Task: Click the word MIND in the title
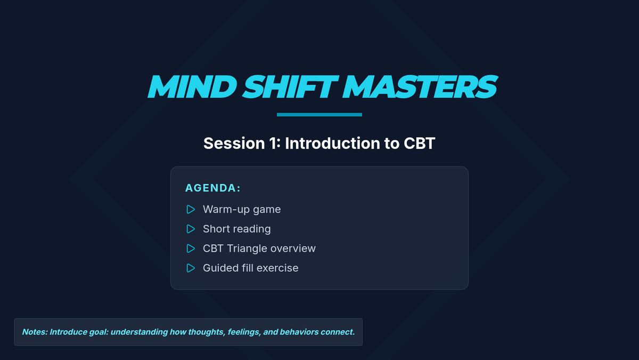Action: [x=192, y=86]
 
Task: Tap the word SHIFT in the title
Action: [x=290, y=86]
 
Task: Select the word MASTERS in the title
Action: [x=420, y=86]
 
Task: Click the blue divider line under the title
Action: [x=319, y=115]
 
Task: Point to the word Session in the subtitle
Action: [x=234, y=143]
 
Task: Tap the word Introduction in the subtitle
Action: [x=332, y=143]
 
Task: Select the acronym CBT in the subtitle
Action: [x=420, y=143]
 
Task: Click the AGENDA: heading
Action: [x=213, y=188]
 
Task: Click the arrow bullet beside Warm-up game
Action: [x=191, y=210]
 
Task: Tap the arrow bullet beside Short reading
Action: [x=191, y=229]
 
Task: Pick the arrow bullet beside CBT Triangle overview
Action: [x=191, y=249]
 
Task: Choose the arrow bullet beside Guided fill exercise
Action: [x=191, y=268]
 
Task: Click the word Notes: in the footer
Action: [x=35, y=332]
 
